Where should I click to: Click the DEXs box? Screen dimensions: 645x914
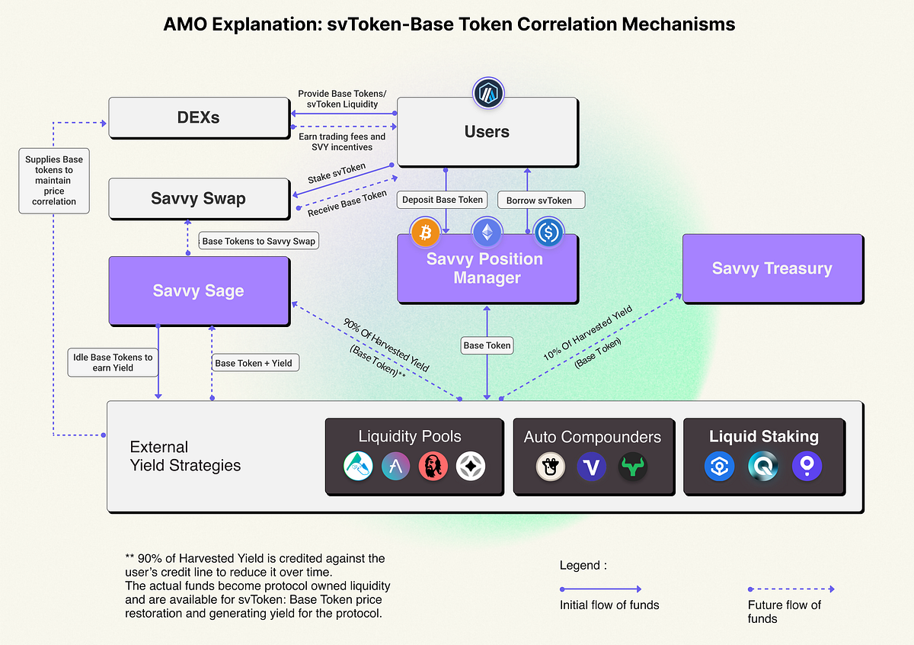pos(198,118)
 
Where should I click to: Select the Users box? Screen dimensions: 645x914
pos(487,132)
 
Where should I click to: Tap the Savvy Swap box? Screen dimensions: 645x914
pos(198,199)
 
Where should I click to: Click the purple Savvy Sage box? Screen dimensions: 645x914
pos(198,290)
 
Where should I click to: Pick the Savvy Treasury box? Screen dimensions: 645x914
pos(772,268)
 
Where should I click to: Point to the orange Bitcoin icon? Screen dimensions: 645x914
pos(426,233)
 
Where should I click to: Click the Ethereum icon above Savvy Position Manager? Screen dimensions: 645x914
pos(487,233)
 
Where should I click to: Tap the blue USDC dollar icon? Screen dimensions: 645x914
pos(548,233)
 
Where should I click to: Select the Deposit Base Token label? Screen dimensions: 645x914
pos(443,200)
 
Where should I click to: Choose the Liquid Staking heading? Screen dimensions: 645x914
pos(763,437)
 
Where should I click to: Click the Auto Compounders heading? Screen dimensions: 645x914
pos(593,437)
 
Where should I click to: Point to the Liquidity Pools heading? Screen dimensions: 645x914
pos(410,437)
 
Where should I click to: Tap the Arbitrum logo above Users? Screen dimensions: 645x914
pos(487,93)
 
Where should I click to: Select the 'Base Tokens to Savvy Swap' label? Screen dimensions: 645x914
pos(258,241)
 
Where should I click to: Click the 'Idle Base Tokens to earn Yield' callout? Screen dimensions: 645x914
pos(112,363)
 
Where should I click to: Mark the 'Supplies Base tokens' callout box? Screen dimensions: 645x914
pos(54,181)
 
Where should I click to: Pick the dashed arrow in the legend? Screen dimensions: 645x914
pos(791,589)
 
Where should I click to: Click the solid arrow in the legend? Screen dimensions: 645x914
pos(601,589)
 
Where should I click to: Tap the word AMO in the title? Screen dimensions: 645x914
pos(185,24)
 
